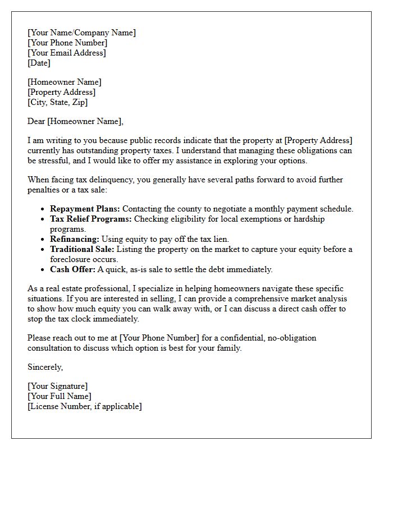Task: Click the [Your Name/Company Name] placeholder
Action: pos(81,33)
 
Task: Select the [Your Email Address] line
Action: pos(66,53)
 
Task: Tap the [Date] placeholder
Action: pos(39,63)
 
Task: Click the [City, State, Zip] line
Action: pos(57,102)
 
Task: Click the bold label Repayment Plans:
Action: pos(85,209)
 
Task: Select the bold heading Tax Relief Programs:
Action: pos(91,219)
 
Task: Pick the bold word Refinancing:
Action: pos(75,239)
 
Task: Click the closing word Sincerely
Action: pos(45,367)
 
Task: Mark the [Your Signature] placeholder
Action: pos(57,386)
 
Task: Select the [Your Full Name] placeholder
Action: pos(59,396)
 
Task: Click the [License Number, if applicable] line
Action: pos(84,406)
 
